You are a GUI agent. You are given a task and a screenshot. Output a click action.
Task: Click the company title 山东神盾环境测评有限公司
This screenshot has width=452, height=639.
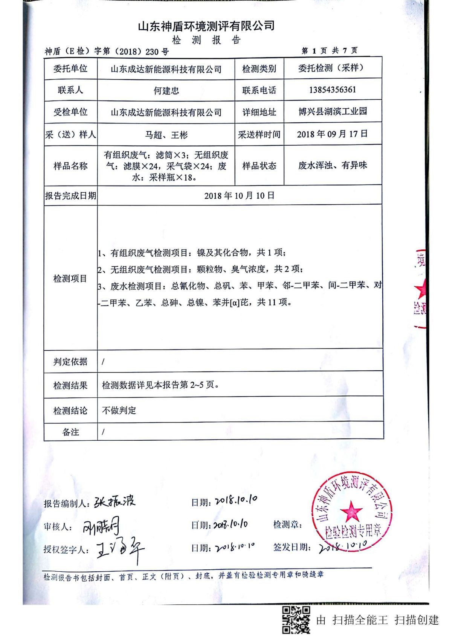tap(206, 26)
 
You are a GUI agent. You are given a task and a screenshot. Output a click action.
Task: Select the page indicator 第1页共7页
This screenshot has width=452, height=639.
tap(330, 50)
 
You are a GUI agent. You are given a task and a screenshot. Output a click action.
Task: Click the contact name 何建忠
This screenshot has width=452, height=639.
tap(166, 91)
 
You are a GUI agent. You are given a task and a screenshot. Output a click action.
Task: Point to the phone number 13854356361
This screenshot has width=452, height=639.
tap(332, 90)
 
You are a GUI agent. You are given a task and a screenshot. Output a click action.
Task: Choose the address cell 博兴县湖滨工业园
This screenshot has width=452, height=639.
tap(333, 111)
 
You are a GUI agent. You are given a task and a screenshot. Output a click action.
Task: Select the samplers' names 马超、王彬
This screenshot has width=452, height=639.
tap(166, 135)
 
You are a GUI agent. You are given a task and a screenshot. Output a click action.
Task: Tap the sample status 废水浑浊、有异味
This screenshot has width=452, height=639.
tap(333, 165)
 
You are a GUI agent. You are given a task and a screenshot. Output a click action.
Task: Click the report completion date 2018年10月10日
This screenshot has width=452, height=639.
tap(239, 196)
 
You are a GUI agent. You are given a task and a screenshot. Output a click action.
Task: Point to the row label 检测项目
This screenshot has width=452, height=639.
tap(70, 278)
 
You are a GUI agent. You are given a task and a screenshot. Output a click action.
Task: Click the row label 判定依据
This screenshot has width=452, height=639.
tap(70, 362)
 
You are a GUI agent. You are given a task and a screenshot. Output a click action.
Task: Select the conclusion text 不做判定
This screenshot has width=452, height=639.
tap(119, 410)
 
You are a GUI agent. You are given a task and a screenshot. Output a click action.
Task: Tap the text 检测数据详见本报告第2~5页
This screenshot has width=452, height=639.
tap(160, 385)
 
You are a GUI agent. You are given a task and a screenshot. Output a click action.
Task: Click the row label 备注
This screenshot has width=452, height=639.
tap(70, 432)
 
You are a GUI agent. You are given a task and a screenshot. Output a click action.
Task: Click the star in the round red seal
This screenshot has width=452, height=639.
tap(351, 511)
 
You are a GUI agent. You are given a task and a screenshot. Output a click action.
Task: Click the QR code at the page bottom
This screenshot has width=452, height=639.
tap(296, 619)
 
